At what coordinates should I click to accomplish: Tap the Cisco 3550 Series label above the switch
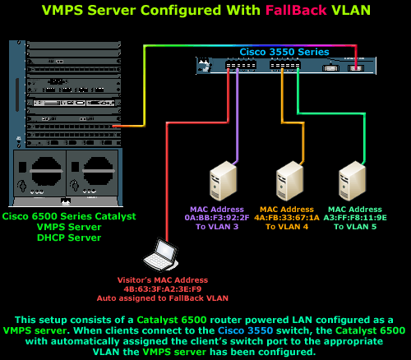point(284,52)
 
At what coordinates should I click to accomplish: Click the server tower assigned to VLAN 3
point(223,182)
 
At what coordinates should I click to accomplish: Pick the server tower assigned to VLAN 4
point(289,182)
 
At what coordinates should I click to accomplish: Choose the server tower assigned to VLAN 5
point(352,182)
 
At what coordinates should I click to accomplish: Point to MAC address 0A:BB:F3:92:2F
point(217,218)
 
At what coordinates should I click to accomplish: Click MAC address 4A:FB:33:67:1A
point(286,218)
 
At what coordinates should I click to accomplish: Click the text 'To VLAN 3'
point(217,227)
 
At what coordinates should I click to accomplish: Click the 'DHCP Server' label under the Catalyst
point(68,238)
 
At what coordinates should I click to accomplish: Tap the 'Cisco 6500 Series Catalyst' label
point(68,217)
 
